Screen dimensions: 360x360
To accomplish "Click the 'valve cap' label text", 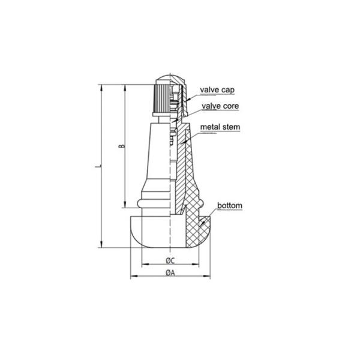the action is pyautogui.click(x=217, y=90).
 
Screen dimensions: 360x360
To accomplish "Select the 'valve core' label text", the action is pyautogui.click(x=220, y=106).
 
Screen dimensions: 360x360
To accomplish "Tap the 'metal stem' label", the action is pyautogui.click(x=220, y=127).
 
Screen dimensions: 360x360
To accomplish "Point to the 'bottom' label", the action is pyautogui.click(x=230, y=205).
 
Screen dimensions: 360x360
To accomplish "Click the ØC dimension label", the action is pyautogui.click(x=170, y=260).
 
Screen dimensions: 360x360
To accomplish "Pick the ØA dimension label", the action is pyautogui.click(x=170, y=273).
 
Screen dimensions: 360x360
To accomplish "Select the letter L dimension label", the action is pyautogui.click(x=98, y=166).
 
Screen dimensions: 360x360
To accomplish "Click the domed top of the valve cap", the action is pyautogui.click(x=170, y=77).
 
